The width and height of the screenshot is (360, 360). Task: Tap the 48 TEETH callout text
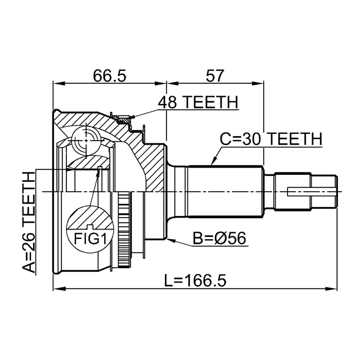coord(199,102)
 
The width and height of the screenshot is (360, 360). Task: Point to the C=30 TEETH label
coord(271,139)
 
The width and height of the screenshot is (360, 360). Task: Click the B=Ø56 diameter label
coord(219,238)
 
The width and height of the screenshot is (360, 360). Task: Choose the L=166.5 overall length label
coord(196,280)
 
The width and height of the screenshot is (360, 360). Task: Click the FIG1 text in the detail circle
coord(90,238)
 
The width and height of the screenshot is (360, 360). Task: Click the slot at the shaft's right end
coord(312,192)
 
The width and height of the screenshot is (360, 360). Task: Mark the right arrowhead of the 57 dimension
coord(258,84)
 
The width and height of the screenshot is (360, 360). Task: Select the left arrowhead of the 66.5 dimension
coord(59,84)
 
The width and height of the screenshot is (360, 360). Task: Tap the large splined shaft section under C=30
coord(225,191)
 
